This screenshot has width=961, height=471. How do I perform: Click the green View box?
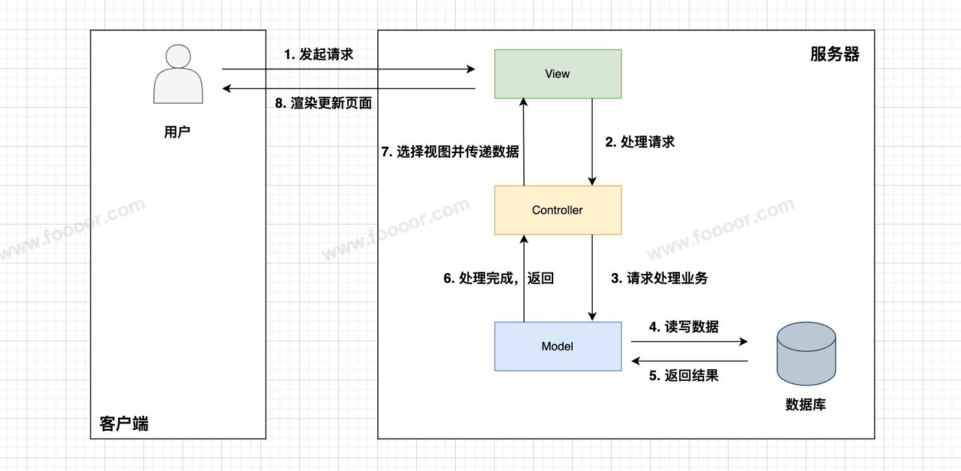pos(558,74)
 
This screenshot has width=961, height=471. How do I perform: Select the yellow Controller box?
pos(558,210)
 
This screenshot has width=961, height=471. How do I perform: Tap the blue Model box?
pos(558,346)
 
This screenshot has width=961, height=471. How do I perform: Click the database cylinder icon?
pos(806,355)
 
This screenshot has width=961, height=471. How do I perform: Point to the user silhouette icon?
pos(178,74)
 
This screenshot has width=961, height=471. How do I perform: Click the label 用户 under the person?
pos(177,132)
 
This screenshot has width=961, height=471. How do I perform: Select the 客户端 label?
pos(124,424)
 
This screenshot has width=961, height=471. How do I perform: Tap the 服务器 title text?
pos(834,54)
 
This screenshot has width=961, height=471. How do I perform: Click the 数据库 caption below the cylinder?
pos(806,405)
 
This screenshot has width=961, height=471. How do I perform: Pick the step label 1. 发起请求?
pos(319,54)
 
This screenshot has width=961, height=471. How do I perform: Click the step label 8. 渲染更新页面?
pos(323,104)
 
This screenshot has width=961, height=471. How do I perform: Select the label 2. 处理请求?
pos(640,142)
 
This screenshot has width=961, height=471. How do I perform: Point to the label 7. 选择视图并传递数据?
pos(450,152)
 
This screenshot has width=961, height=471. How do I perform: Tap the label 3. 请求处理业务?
pos(660,278)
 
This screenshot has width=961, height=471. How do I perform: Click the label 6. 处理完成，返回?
pos(499,278)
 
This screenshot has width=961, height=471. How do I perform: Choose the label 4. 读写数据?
pos(684,327)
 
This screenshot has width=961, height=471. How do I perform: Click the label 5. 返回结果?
pos(684,376)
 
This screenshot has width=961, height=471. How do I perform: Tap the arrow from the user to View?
pos(348,69)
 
